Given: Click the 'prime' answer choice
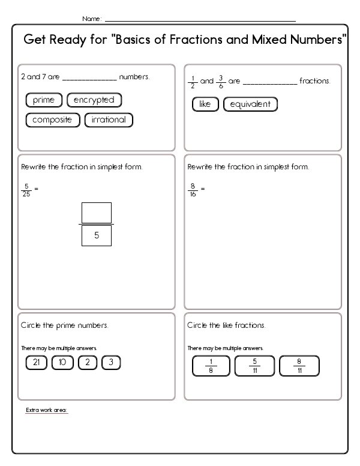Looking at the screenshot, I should point(44,100).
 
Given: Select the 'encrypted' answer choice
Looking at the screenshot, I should point(94,100).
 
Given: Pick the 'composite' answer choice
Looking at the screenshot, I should point(52,120).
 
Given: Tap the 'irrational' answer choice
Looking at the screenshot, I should point(109,120).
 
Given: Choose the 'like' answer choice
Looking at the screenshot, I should point(205,104).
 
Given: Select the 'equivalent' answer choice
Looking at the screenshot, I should point(250,104).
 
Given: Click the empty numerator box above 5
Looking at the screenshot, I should point(96,213).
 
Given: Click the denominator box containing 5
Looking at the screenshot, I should point(96,236).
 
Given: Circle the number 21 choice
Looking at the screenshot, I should point(36,363).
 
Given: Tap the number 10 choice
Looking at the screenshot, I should point(62,363).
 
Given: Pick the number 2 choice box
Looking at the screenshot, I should point(88,363).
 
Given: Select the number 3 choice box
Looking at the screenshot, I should point(111,363).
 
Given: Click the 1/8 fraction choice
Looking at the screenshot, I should point(211,366).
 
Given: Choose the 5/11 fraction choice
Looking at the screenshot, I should point(255,366).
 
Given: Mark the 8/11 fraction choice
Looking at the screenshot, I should point(299,366).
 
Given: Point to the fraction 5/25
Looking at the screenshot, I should point(26,190).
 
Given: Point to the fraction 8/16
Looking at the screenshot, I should point(193,190).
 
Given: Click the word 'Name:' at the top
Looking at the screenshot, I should point(92,19).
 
